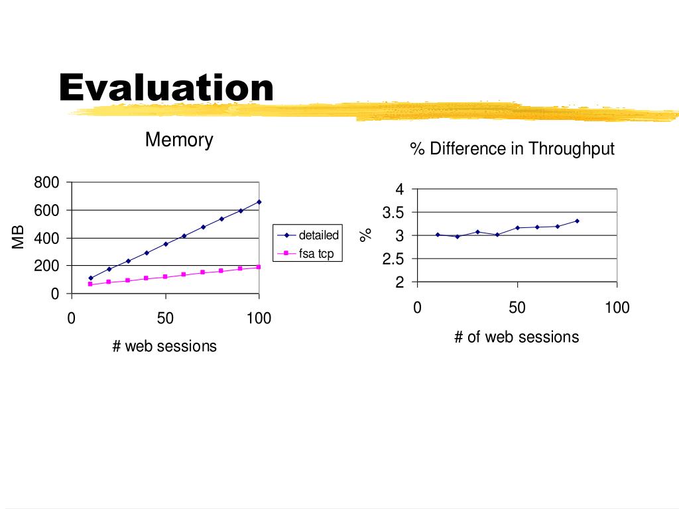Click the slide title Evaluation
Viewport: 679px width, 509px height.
(166, 88)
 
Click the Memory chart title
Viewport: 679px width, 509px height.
(179, 140)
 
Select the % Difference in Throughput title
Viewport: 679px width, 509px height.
(512, 148)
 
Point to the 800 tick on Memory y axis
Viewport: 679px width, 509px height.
(47, 183)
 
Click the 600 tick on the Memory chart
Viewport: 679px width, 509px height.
(47, 211)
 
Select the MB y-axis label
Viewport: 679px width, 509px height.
(19, 237)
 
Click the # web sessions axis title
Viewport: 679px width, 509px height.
(164, 345)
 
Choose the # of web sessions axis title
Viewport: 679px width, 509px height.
(517, 337)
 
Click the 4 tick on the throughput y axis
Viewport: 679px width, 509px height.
(400, 190)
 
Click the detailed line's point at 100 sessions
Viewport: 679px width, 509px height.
(259, 201)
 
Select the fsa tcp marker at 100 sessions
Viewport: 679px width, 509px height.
(259, 267)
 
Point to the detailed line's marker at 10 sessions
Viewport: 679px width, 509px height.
(90, 278)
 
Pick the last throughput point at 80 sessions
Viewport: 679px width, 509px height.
(577, 221)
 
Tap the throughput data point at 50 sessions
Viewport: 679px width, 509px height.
(517, 227)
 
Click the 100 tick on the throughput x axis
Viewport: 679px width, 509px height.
(617, 308)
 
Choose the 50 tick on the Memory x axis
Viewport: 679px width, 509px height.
(165, 318)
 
